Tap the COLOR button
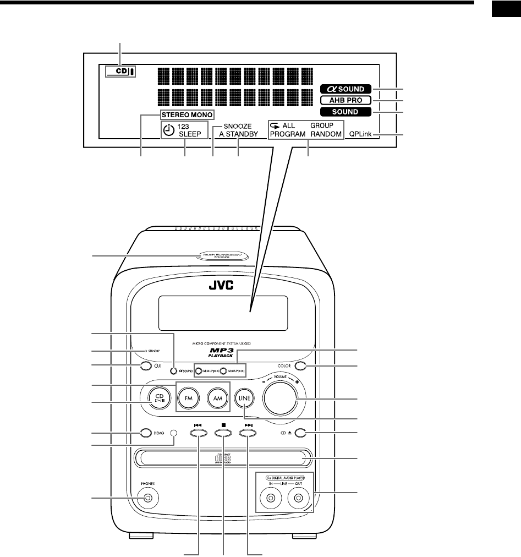coord(300,365)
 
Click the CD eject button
coord(300,433)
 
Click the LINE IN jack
coord(271,499)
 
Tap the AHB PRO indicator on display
coord(348,101)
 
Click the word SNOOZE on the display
coord(238,125)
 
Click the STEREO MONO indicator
coord(187,115)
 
